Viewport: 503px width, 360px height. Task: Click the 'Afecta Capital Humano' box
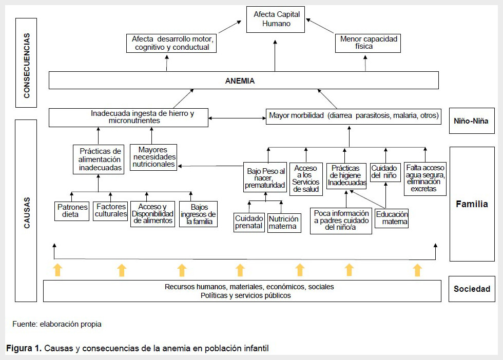tap(275, 19)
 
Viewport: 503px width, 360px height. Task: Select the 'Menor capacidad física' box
tap(368, 43)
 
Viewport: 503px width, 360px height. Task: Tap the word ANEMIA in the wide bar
tap(240, 81)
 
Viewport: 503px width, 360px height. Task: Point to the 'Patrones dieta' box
tap(72, 211)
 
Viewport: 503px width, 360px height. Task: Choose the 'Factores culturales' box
tap(110, 211)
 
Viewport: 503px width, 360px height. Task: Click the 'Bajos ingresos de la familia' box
tap(198, 214)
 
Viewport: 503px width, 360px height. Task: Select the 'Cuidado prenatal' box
tap(249, 222)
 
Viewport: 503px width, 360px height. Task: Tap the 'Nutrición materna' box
tap(284, 223)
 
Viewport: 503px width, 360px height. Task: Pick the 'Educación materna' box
tap(392, 218)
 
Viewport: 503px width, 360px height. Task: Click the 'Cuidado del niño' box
tap(385, 172)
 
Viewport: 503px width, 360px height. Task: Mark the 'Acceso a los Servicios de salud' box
tap(306, 179)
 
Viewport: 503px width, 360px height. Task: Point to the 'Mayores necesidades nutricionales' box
tap(153, 157)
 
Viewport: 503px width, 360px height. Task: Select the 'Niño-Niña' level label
tap(471, 121)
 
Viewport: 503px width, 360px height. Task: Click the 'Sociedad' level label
tap(472, 289)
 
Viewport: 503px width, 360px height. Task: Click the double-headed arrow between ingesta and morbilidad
tap(237, 118)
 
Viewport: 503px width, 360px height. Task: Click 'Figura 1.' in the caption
tap(24, 348)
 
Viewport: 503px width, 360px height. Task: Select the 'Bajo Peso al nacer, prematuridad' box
tap(265, 177)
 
